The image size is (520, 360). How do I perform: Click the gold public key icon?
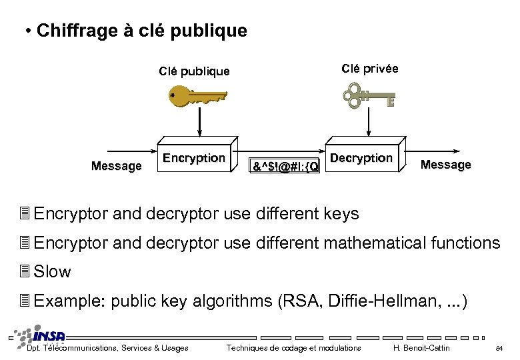tap(196, 97)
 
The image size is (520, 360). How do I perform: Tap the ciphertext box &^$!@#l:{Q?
tap(285, 165)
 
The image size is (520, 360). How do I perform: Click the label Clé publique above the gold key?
tap(194, 71)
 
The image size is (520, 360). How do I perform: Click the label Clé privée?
tap(369, 68)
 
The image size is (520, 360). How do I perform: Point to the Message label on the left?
tap(117, 166)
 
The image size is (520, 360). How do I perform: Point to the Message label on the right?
tap(445, 165)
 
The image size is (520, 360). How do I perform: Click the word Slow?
tap(52, 272)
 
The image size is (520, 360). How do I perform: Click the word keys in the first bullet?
tap(341, 214)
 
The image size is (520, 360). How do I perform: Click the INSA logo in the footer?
tap(43, 336)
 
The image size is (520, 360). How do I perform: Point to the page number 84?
tap(499, 348)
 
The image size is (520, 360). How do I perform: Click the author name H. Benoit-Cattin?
tap(421, 348)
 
